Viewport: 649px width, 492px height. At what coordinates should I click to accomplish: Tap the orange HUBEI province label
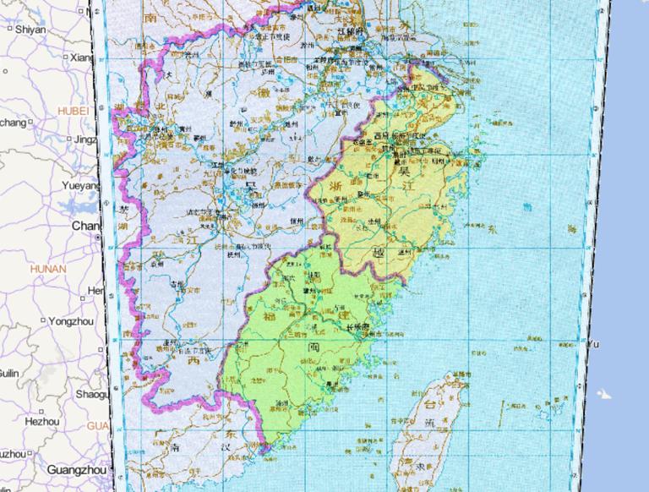73,110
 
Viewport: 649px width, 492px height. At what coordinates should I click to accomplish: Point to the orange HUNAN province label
47,269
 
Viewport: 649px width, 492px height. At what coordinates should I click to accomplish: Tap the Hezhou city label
42,421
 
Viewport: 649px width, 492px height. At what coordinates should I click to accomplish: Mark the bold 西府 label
382,135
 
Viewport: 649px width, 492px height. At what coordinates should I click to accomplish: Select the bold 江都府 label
347,32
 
